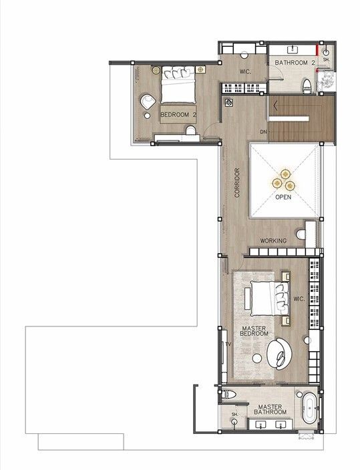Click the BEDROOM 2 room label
(x=178, y=115)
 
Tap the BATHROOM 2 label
(x=295, y=63)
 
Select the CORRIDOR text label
(x=237, y=182)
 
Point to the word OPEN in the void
(x=283, y=197)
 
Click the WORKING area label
(x=273, y=241)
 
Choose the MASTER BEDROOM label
(x=254, y=331)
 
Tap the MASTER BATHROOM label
(x=270, y=409)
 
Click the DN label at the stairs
(x=263, y=132)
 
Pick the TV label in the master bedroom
(x=228, y=344)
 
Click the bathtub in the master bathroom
(x=309, y=408)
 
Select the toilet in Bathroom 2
(x=307, y=85)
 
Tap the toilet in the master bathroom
(x=228, y=394)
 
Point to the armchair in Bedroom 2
(x=148, y=101)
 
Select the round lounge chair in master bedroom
(x=279, y=352)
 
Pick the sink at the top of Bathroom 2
(x=293, y=49)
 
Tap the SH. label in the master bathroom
(x=234, y=414)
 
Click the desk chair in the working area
(x=301, y=234)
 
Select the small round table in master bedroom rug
(x=256, y=358)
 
